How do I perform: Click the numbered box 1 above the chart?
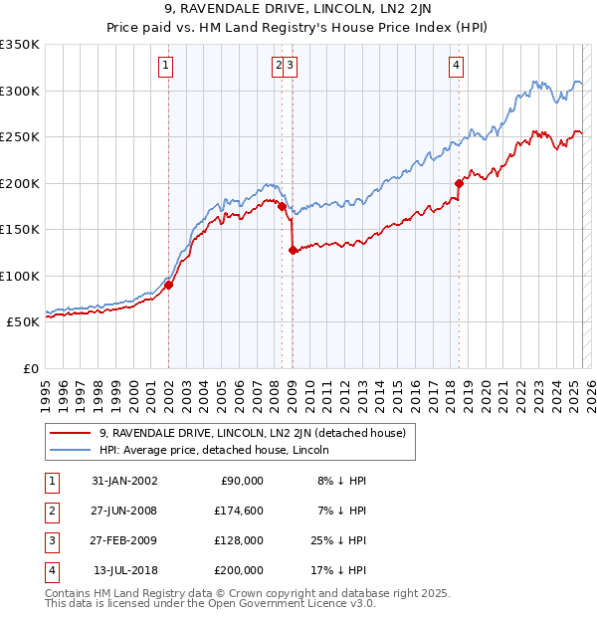[165, 67]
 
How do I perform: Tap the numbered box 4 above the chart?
[456, 67]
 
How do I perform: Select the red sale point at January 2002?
[169, 285]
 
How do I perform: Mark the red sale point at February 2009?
[294, 251]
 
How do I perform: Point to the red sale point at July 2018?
[459, 183]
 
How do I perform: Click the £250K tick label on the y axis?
[20, 136]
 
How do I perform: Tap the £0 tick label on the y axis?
[31, 368]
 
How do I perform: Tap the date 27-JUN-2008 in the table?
[125, 511]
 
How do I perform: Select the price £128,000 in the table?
[240, 540]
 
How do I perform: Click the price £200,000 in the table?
[240, 570]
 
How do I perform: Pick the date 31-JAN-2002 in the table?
[125, 481]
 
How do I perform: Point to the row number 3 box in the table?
[50, 540]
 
